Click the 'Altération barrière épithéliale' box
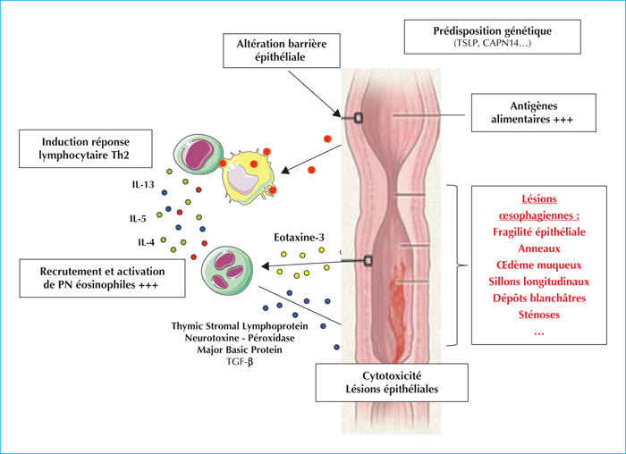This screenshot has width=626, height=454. pyautogui.click(x=282, y=50)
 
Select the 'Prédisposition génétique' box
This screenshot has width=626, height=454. pyautogui.click(x=492, y=37)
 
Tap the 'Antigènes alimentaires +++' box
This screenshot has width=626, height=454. pyautogui.click(x=533, y=113)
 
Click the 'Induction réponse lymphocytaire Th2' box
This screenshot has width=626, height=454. pyautogui.click(x=86, y=148)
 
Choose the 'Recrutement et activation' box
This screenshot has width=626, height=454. pyautogui.click(x=102, y=278)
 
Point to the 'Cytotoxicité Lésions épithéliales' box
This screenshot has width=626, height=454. pyautogui.click(x=392, y=383)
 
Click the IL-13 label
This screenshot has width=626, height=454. pyautogui.click(x=143, y=184)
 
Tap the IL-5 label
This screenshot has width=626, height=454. pyautogui.click(x=138, y=219)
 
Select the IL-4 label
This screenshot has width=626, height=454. pyautogui.click(x=146, y=242)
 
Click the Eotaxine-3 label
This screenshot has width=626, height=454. pyautogui.click(x=299, y=238)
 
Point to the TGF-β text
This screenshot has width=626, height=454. pyautogui.click(x=240, y=362)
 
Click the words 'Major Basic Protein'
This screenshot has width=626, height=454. pyautogui.click(x=240, y=349)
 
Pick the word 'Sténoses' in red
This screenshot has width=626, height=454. pyautogui.click(x=539, y=315)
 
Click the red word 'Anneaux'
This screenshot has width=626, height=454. pyautogui.click(x=539, y=248)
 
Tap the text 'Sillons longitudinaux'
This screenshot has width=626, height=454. pyautogui.click(x=539, y=282)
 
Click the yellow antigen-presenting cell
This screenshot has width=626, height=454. pyautogui.click(x=248, y=174)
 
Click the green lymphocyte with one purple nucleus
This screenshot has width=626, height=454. pyautogui.click(x=195, y=154)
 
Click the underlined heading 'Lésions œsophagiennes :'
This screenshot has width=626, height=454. pyautogui.click(x=539, y=207)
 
